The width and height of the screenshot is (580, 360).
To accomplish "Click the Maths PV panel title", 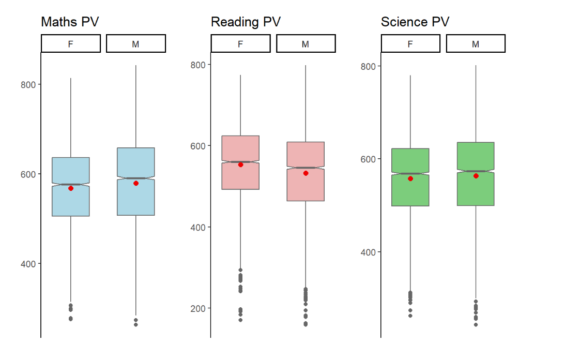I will [x=70, y=22].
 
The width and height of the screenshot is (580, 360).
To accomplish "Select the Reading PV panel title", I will [x=246, y=22].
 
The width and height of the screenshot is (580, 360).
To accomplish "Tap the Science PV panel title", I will [x=415, y=22].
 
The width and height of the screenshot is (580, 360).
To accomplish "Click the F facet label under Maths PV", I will [x=71, y=44].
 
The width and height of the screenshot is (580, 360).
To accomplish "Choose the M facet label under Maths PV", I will [x=136, y=44].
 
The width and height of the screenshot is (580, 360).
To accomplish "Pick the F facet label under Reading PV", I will [x=240, y=44].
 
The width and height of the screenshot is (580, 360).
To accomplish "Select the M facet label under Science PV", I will [x=476, y=44].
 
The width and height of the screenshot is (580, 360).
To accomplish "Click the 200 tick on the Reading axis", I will [x=198, y=308].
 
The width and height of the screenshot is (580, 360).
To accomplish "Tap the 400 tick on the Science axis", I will [x=368, y=252].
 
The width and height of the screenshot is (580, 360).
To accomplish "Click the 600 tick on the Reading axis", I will [x=198, y=146].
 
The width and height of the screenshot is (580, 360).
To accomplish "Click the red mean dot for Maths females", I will [x=71, y=188].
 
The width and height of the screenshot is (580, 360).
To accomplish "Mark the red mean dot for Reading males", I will [x=306, y=173].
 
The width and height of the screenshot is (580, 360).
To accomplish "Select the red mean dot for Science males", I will [x=476, y=176].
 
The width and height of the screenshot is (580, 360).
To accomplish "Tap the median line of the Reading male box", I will [x=306, y=168].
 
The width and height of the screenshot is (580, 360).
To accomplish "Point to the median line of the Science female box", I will [x=410, y=174].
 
